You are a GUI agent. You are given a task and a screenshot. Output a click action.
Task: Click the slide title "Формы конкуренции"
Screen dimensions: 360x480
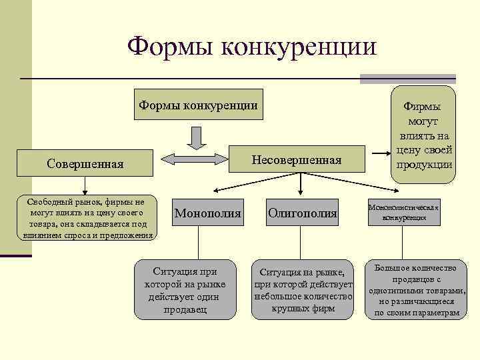[251, 47]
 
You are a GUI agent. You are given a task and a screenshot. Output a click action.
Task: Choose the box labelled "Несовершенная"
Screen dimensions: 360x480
[296, 160]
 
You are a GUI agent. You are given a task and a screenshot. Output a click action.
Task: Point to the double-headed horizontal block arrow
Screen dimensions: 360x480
[196, 159]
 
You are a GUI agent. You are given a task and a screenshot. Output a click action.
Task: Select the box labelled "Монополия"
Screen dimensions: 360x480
[207, 213]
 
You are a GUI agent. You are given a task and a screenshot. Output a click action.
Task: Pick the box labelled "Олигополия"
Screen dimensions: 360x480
[303, 213]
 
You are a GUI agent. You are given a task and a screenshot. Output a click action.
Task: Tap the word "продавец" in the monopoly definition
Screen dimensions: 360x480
[185, 310]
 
